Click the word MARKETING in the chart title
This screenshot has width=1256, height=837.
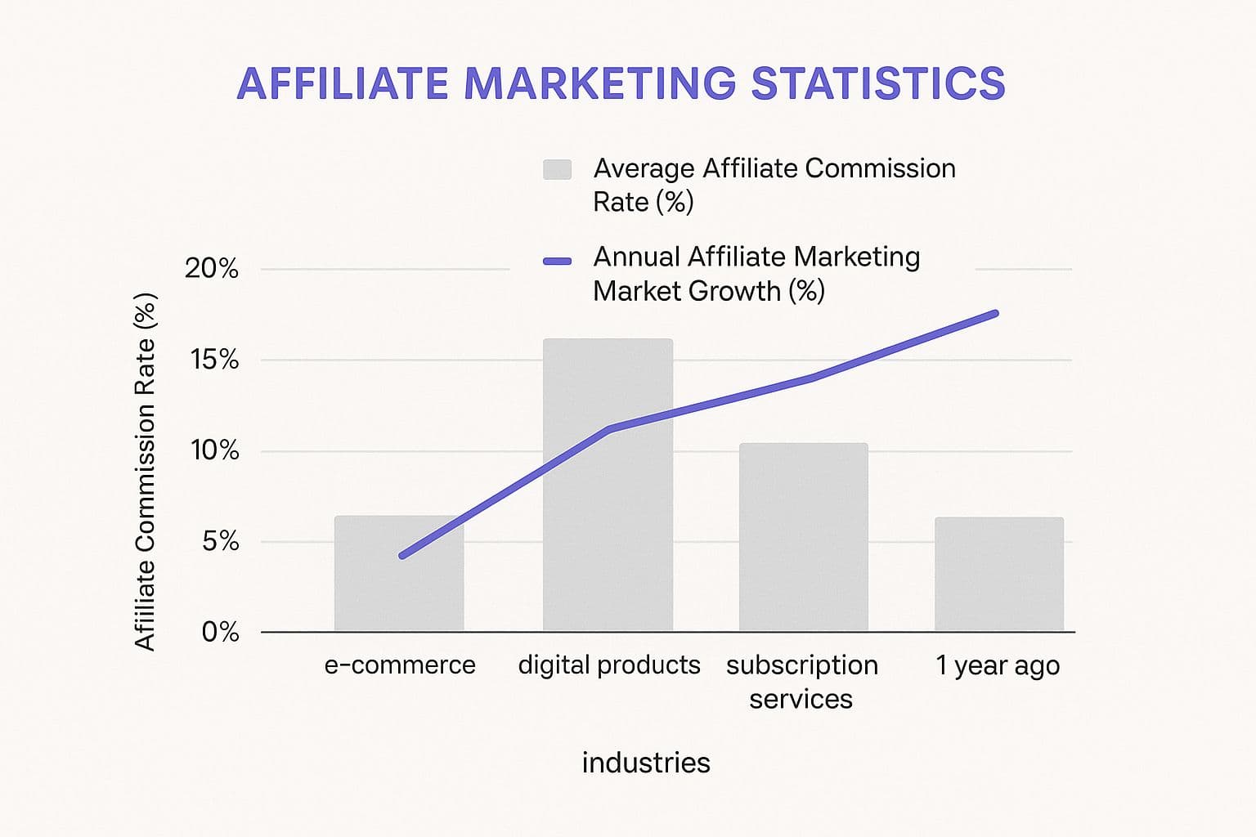click(600, 84)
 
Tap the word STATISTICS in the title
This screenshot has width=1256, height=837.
click(877, 84)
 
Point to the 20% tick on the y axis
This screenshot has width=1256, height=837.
click(212, 268)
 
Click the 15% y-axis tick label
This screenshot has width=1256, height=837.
click(214, 360)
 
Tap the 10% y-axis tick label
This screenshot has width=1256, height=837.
click(214, 450)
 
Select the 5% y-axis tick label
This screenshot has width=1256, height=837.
click(220, 541)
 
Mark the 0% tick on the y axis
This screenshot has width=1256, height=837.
click(220, 632)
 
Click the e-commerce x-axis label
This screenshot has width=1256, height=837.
click(400, 665)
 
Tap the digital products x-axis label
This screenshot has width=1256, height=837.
click(609, 665)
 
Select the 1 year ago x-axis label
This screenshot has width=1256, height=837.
click(998, 666)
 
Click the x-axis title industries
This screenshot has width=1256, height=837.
click(646, 763)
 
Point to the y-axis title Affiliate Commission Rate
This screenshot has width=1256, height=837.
click(146, 472)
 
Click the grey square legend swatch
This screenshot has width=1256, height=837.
click(557, 169)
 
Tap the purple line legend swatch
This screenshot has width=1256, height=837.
click(557, 262)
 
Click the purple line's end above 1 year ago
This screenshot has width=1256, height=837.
click(994, 314)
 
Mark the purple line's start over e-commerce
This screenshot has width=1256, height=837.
click(402, 556)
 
